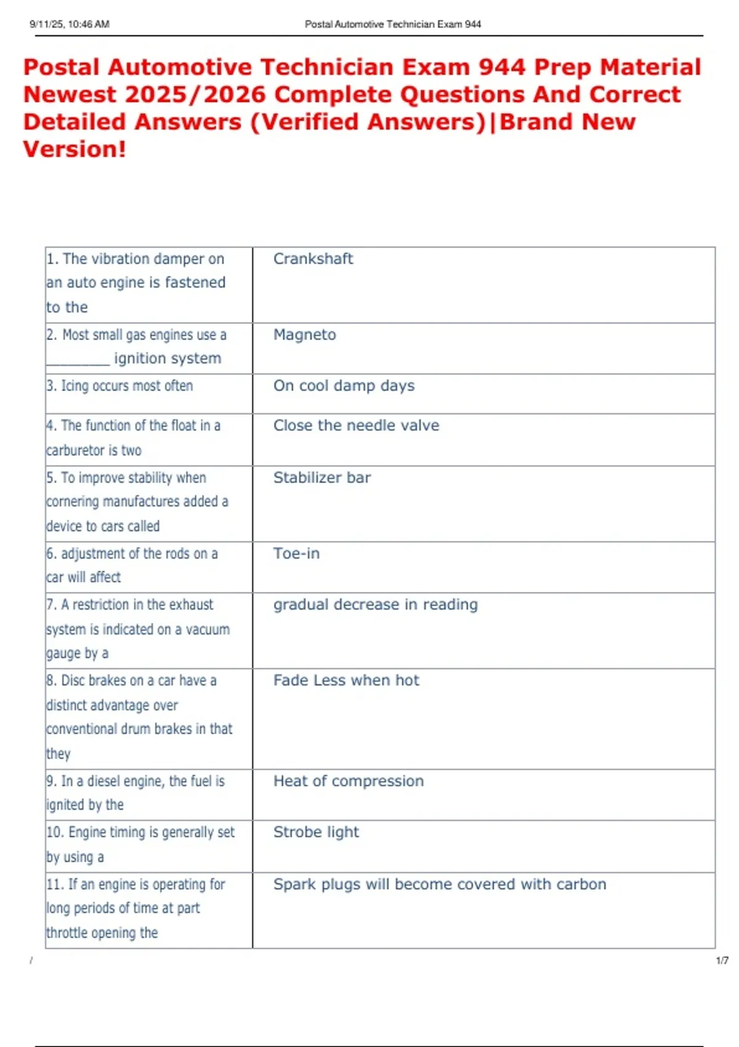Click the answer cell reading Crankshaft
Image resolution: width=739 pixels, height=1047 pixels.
313,259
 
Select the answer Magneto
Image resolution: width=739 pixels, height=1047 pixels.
304,334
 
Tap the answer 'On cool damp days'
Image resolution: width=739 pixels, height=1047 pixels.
344,386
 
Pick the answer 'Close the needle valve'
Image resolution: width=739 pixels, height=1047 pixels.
356,426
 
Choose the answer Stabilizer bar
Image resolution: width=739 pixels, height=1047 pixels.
321,478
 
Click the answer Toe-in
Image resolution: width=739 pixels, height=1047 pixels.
296,554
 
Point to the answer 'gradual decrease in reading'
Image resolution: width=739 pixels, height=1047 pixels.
375,605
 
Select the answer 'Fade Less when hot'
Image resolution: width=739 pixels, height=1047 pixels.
346,681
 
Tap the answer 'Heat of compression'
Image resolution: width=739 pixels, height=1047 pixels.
349,781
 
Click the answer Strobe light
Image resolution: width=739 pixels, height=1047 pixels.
316,832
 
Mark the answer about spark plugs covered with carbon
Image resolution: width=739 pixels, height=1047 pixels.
440,884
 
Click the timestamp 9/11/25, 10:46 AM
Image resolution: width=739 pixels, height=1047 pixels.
70,24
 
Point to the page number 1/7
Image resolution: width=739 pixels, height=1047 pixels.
722,961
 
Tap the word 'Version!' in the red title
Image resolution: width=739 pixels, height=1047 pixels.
75,149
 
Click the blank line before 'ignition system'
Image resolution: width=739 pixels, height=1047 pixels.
78,360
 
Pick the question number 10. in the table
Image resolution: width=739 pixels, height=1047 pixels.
55,833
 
